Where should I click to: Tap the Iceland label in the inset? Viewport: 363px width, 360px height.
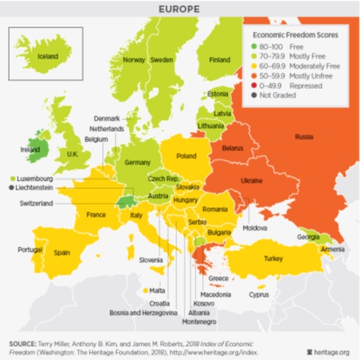tap(42, 56)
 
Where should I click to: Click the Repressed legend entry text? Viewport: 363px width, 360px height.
tap(305, 86)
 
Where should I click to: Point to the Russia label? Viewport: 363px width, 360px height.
tap(303, 137)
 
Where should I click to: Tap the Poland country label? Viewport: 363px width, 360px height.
tap(186, 156)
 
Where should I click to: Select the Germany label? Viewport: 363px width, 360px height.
tap(138, 162)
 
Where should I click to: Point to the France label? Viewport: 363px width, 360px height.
tap(96, 215)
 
